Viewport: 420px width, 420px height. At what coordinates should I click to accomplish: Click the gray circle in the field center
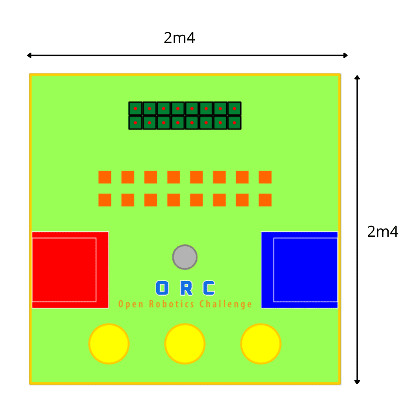[185, 257]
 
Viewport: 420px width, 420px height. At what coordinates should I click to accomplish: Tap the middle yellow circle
[185, 343]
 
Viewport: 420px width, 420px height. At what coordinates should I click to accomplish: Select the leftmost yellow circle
[109, 343]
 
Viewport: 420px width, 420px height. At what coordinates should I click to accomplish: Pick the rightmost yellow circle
[261, 343]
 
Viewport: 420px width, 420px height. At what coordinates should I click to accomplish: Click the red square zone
[70, 270]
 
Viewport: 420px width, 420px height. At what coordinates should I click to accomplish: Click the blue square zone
[299, 270]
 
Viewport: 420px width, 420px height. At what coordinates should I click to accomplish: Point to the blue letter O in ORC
[162, 288]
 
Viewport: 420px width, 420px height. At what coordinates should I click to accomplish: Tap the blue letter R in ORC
[186, 288]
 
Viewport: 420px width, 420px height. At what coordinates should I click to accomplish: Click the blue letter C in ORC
[209, 288]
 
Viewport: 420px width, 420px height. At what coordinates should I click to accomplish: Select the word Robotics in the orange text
[172, 304]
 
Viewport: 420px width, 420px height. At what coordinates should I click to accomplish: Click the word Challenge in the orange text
[225, 304]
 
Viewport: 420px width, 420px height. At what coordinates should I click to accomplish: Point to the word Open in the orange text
[131, 304]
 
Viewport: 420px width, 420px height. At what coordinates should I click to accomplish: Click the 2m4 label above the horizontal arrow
[179, 38]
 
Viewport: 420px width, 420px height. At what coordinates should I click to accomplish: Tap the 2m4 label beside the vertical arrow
[383, 231]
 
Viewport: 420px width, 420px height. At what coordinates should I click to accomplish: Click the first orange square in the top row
[105, 177]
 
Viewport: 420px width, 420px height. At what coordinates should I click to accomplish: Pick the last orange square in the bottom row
[265, 200]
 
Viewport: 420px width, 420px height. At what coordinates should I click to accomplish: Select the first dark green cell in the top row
[135, 109]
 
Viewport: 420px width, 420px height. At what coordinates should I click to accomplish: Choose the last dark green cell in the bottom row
[234, 123]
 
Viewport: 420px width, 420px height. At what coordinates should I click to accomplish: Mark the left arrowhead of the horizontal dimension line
[29, 56]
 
